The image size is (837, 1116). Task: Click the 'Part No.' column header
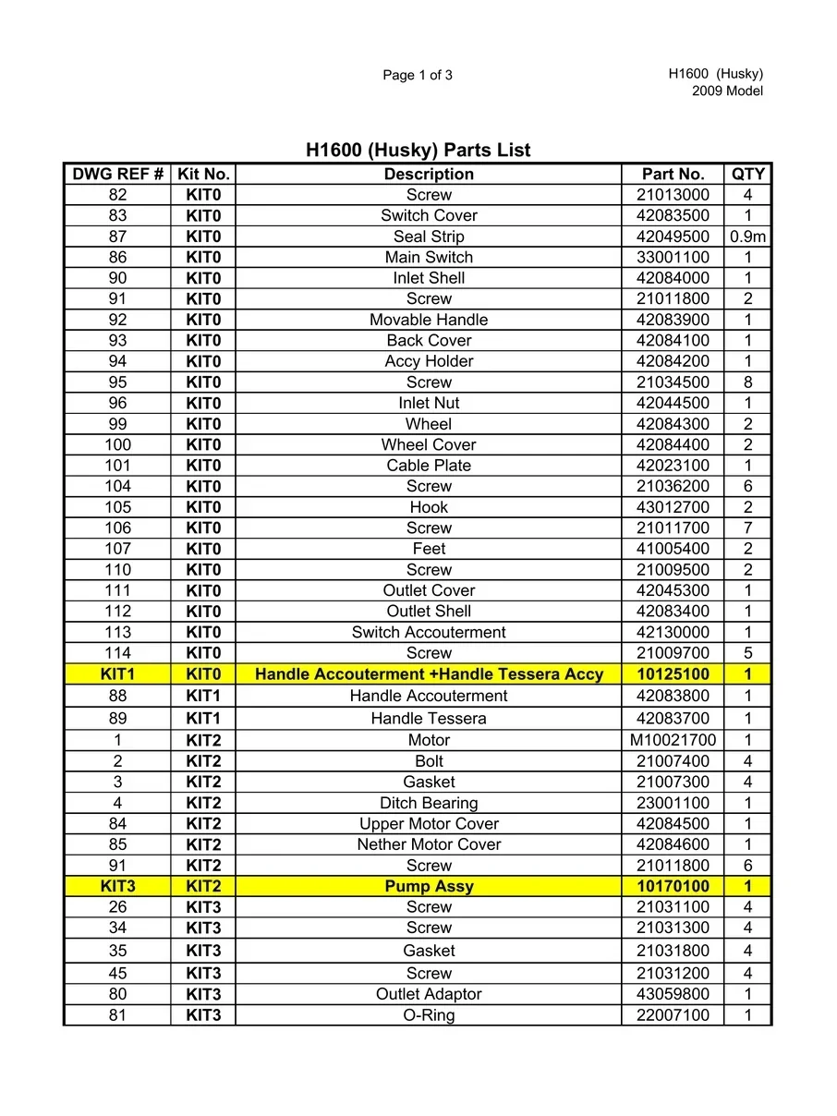(x=673, y=174)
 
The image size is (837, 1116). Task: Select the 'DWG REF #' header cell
(x=117, y=174)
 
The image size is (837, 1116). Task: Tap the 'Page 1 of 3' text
(x=418, y=76)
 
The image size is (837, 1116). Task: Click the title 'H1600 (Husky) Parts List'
(x=418, y=150)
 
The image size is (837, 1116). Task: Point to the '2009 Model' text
(x=727, y=91)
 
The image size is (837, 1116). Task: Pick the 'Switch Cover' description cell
(x=429, y=215)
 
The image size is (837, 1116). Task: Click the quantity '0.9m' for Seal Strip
(x=747, y=237)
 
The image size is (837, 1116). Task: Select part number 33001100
(x=673, y=258)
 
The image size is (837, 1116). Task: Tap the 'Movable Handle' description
(x=429, y=320)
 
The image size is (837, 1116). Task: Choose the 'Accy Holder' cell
(x=429, y=361)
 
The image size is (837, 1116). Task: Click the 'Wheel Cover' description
(x=429, y=444)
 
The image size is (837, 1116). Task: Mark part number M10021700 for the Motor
(x=673, y=740)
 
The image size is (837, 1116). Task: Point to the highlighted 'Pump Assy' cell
(x=429, y=886)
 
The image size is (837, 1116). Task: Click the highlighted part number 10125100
(x=673, y=674)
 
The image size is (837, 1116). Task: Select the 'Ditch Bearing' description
(x=429, y=803)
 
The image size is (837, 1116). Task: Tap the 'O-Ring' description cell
(x=429, y=1015)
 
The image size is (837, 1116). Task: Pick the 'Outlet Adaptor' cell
(x=429, y=994)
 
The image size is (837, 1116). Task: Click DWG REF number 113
(x=117, y=632)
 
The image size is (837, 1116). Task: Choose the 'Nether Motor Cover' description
(x=429, y=844)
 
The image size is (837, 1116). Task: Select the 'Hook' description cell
(x=429, y=507)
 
